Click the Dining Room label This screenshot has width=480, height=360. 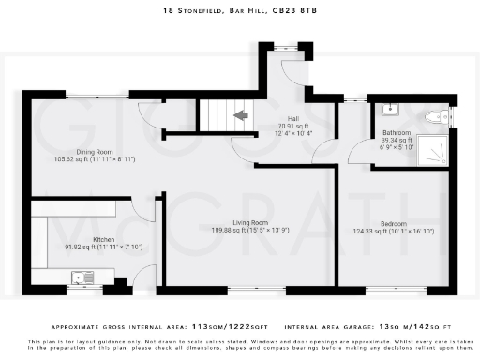point(96,151)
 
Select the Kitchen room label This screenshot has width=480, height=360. point(104,239)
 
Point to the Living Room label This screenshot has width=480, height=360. point(252,221)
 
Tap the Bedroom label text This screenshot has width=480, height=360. point(392,223)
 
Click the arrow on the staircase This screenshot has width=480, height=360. point(241,115)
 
